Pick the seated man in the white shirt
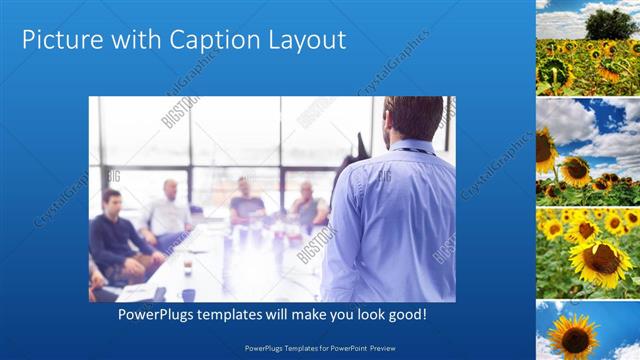click(168, 215)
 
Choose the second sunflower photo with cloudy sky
click(588, 150)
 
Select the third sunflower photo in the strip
click(588, 250)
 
